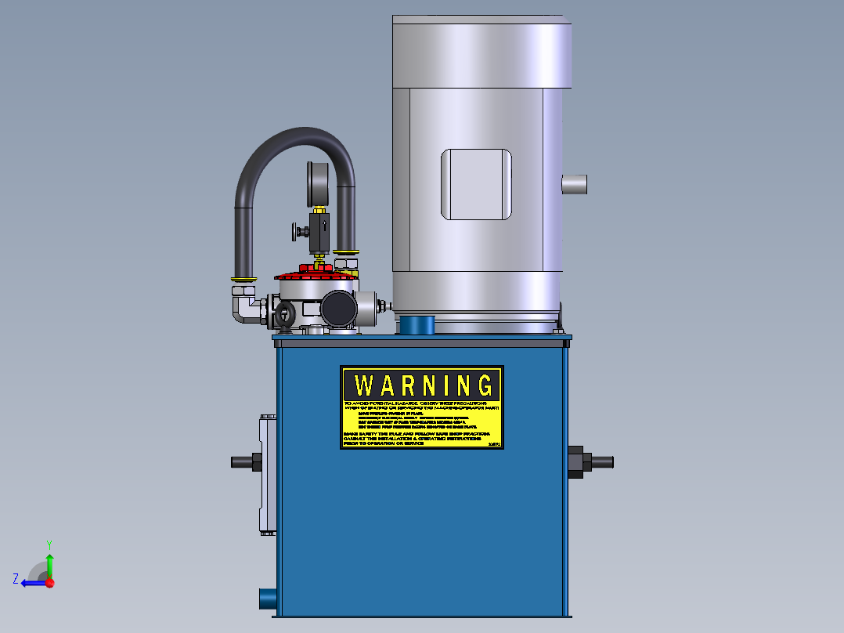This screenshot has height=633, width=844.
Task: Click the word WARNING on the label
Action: pos(421,385)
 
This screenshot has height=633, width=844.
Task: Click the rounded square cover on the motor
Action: pos(476,185)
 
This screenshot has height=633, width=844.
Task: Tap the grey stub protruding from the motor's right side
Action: pos(575,185)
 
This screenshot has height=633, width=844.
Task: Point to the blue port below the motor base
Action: pos(417,324)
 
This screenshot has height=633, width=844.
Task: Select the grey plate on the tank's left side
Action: pos(265,475)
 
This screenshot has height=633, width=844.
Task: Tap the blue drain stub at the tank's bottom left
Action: pos(267,599)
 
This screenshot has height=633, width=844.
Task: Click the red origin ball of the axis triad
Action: pos(49,583)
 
